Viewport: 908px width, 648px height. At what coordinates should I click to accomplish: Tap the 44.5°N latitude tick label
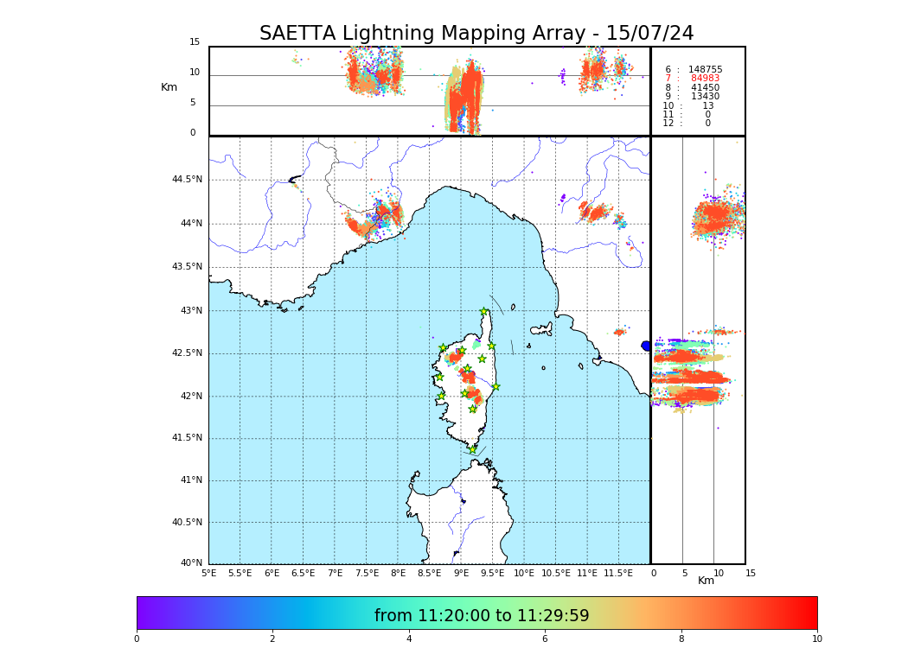pos(187,180)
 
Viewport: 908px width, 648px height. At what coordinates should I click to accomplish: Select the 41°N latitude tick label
pos(190,480)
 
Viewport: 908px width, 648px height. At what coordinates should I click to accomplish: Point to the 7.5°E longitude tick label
pos(367,573)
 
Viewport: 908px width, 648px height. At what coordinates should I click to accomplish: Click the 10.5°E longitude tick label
pos(556,573)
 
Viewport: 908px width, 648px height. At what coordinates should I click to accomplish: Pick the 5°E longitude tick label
pos(208,573)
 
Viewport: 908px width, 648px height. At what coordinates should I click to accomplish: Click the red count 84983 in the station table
pos(705,79)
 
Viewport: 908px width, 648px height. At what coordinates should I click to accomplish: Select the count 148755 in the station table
pos(705,70)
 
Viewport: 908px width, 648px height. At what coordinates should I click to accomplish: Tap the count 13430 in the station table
pos(705,97)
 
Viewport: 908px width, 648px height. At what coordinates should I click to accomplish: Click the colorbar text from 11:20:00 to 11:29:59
pos(481,616)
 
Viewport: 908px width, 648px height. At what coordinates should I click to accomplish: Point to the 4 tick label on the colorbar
pos(409,639)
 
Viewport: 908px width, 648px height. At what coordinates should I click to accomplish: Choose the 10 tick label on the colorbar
pos(816,639)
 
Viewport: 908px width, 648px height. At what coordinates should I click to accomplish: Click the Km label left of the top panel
pos(169,87)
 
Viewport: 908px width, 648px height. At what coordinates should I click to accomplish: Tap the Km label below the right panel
pos(707,581)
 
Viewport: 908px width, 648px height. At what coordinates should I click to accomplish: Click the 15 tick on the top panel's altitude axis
pos(195,42)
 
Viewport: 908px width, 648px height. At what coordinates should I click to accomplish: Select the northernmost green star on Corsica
pos(484,312)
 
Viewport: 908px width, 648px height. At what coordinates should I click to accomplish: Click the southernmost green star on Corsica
pos(473,449)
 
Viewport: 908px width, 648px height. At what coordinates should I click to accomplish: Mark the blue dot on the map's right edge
pos(646,346)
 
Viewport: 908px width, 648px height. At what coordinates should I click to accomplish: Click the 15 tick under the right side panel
pos(751,573)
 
